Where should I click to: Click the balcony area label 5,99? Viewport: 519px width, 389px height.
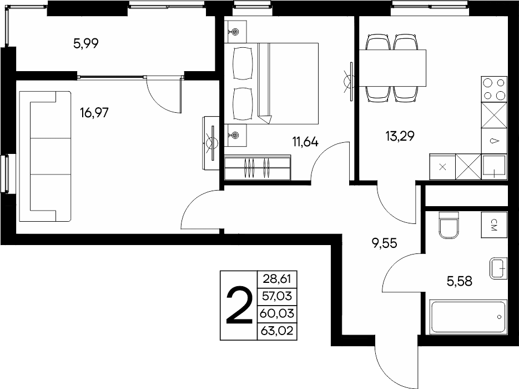point(85,43)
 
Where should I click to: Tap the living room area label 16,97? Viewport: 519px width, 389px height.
point(94,113)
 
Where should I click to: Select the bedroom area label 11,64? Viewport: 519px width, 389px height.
point(305,142)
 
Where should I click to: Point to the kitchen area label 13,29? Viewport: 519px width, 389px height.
point(400,136)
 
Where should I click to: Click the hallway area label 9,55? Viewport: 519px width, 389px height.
point(384,243)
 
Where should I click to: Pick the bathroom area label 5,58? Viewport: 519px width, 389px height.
point(460,281)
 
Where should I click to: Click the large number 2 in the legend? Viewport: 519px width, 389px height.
point(239,306)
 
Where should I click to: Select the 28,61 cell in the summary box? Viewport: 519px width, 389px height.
point(277,279)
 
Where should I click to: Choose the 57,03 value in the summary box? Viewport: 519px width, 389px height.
point(277,296)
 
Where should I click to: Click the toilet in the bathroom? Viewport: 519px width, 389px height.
point(449,225)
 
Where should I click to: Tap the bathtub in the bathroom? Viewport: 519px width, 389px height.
point(468,316)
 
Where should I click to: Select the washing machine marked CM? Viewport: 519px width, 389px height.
point(494,225)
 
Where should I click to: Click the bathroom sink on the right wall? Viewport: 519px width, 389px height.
point(498,268)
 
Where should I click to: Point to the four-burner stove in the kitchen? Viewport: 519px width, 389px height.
point(494,89)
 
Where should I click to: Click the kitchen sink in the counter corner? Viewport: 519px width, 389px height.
point(494,167)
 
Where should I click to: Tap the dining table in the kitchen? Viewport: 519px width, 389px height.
point(392,68)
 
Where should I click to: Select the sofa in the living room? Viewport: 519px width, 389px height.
point(46,156)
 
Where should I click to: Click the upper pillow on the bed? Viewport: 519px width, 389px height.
point(243,63)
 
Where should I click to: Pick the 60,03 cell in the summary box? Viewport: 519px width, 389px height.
point(277,313)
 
